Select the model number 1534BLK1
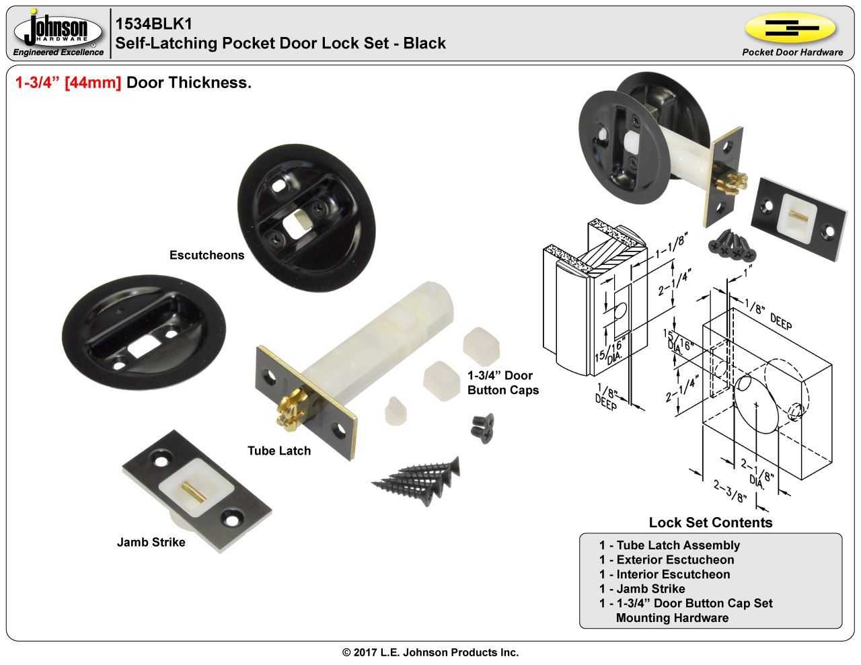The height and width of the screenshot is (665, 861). coord(154,24)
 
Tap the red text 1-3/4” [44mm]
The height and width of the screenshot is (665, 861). coord(68,83)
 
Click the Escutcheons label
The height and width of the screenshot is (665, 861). coord(207,256)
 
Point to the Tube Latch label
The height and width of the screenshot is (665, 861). coord(279,451)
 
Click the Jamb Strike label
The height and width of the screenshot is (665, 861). coord(151,542)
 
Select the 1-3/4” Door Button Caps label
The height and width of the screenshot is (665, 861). coord(502,383)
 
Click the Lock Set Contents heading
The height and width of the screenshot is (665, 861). coord(710,522)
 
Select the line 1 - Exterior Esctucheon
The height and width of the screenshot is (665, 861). coord(666,559)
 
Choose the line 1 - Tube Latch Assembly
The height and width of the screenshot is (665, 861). coord(669,545)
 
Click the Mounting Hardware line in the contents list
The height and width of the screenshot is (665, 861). coord(671,618)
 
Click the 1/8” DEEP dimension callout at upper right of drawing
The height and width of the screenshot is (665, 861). coord(767,315)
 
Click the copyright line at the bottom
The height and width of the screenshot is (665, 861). coord(430,652)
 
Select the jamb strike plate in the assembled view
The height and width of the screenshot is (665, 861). coord(799,219)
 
